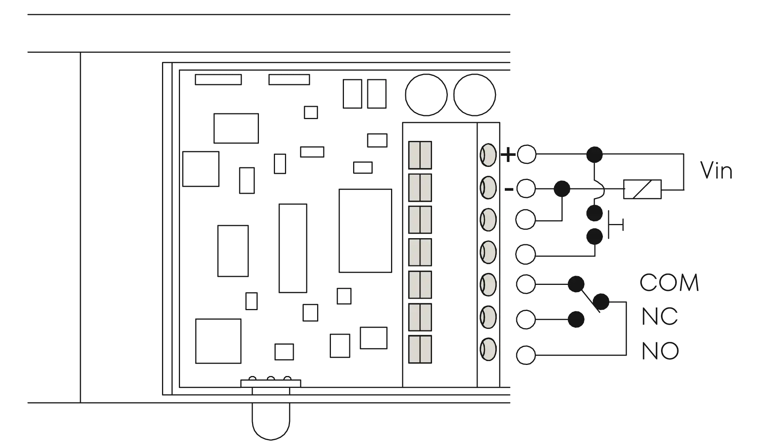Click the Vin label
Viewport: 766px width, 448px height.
pyautogui.click(x=715, y=170)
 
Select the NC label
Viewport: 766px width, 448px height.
pyautogui.click(x=660, y=316)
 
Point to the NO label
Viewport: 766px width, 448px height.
pyautogui.click(x=660, y=351)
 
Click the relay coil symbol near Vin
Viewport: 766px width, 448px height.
pyautogui.click(x=642, y=188)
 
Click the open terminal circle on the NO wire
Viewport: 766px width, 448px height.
pyautogui.click(x=525, y=355)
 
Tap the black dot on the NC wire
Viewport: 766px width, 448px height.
pyautogui.click(x=576, y=319)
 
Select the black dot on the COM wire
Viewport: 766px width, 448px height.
pyautogui.click(x=576, y=284)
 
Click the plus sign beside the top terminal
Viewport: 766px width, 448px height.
pyautogui.click(x=508, y=155)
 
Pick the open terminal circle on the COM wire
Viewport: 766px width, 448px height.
pyautogui.click(x=525, y=284)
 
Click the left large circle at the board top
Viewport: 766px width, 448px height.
pyautogui.click(x=426, y=95)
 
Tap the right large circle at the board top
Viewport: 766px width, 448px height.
pyautogui.click(x=475, y=95)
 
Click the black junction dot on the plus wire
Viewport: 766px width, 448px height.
pyautogui.click(x=594, y=155)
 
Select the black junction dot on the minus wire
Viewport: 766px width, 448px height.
pyautogui.click(x=562, y=188)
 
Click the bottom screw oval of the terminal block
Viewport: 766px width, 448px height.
pyautogui.click(x=488, y=349)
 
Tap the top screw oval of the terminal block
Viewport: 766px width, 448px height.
pyautogui.click(x=488, y=155)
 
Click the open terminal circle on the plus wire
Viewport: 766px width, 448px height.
pyautogui.click(x=527, y=155)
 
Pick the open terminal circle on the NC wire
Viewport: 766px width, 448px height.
pyautogui.click(x=525, y=319)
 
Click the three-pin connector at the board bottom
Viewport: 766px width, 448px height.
pyautogui.click(x=271, y=382)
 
